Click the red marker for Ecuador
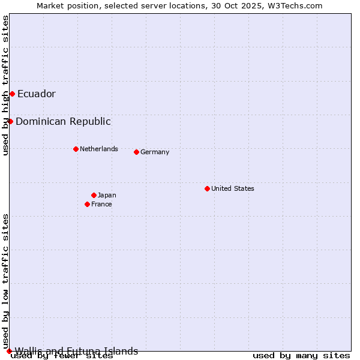[12, 94]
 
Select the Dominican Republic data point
[10, 121]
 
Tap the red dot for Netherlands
[76, 149]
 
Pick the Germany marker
[136, 152]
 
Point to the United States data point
[207, 188]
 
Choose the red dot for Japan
[94, 195]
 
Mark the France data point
[87, 204]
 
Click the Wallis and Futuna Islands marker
[9, 351]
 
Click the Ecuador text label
[37, 94]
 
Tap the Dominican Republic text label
[63, 121]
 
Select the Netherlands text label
[99, 149]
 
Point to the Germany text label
[155, 152]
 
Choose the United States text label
[233, 188]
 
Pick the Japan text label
[107, 195]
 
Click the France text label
[101, 204]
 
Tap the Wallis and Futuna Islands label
[76, 351]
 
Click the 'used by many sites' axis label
[301, 356]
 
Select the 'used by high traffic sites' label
[6, 86]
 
